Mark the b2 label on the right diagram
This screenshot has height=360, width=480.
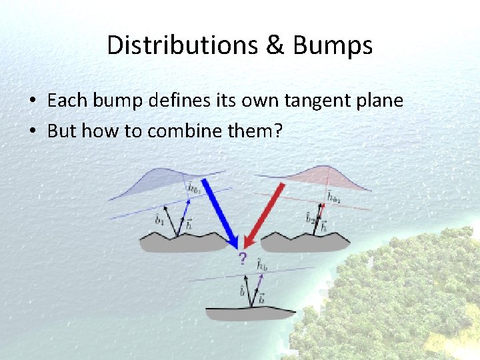pos(310,218)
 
